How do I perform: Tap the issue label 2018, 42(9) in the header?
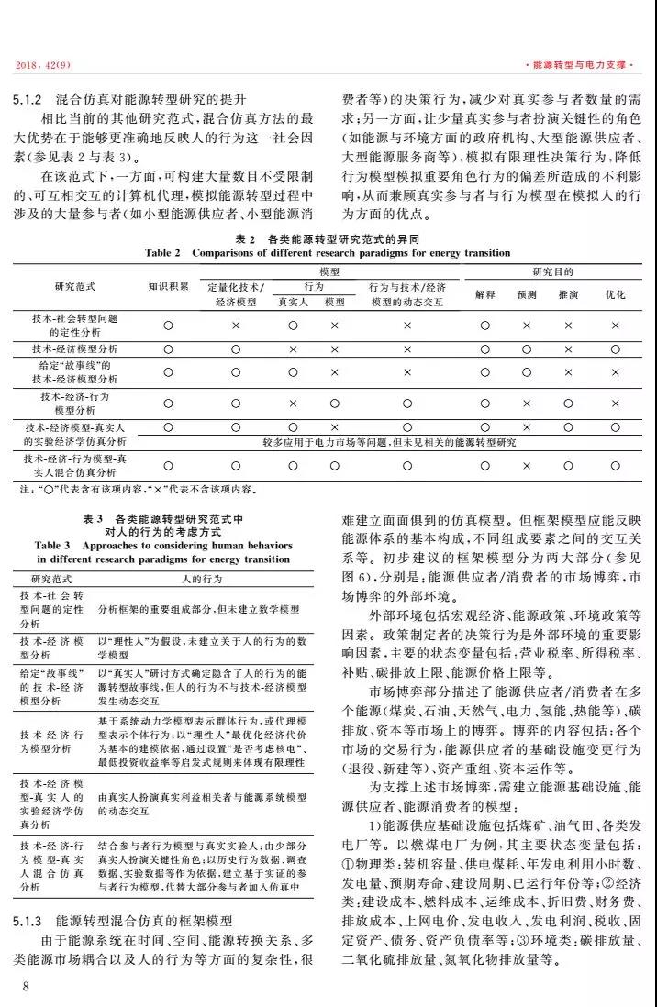[45, 65]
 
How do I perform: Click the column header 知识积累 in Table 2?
[168, 286]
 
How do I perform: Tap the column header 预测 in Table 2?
[527, 295]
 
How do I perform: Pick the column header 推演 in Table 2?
[568, 295]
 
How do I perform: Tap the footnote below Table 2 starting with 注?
[138, 488]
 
